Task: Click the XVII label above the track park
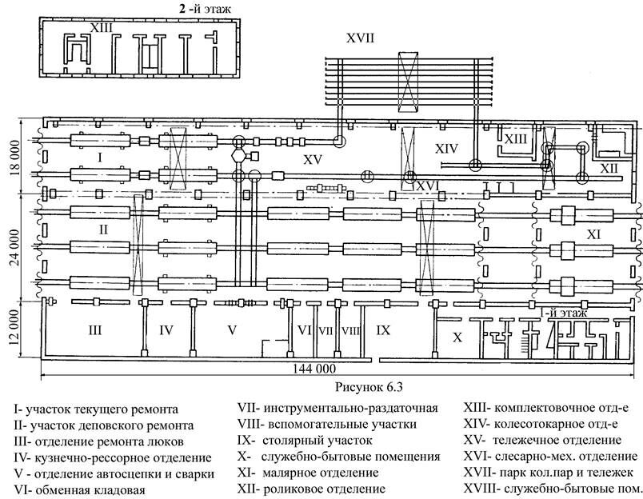coord(360,38)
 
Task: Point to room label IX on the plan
coord(384,329)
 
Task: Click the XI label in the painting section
coord(593,235)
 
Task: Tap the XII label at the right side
coord(609,169)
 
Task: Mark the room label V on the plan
coord(233,329)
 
